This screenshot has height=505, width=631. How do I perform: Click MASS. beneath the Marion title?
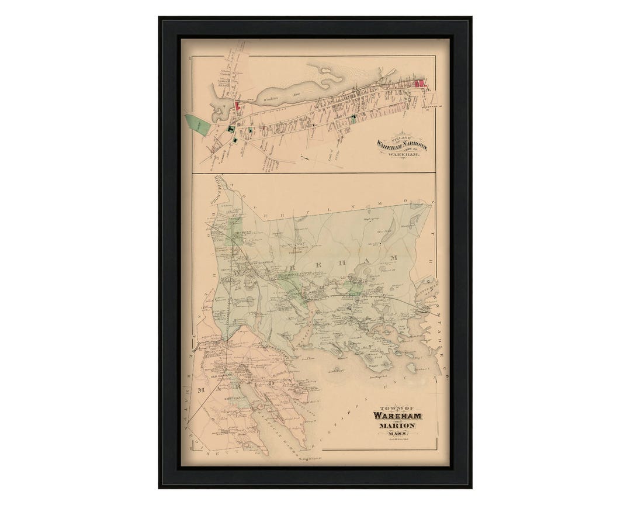click(x=400, y=434)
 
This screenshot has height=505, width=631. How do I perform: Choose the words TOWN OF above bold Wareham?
click(x=392, y=409)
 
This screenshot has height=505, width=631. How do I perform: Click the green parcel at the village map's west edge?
click(x=197, y=124)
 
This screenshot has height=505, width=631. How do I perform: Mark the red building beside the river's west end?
click(x=237, y=105)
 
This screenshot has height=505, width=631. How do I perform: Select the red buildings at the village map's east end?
click(x=419, y=83)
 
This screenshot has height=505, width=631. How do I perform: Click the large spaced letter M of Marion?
click(x=202, y=390)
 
